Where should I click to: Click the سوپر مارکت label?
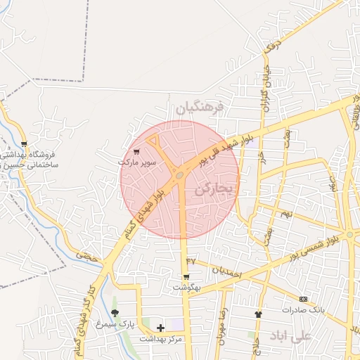137,162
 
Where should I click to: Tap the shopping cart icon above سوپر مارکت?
136,150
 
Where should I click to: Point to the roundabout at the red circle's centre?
181,174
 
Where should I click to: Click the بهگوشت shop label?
187,288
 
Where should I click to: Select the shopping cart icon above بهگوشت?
186,276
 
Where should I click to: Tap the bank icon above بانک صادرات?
303,299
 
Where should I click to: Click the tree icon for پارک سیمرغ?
115,313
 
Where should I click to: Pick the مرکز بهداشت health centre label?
160,339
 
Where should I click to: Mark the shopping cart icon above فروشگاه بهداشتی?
25,144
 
